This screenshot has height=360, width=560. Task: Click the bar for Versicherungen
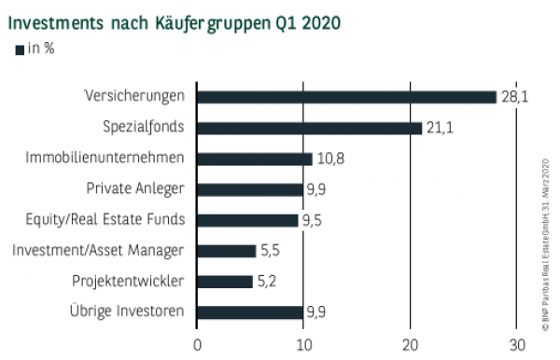pos(346,97)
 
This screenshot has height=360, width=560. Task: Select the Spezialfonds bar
pos(309,128)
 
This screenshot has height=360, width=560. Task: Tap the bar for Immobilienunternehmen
pos(254,159)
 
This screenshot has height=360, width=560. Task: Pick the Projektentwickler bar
pos(224,281)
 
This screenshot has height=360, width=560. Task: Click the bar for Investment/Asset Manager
pos(226,250)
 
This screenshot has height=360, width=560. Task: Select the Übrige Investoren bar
pos(249,312)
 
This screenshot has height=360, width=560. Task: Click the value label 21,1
pos(440,128)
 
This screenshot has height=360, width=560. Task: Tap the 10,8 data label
pos(330,159)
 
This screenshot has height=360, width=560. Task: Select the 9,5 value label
pos(312,220)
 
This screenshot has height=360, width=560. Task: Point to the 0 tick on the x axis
pos(197,343)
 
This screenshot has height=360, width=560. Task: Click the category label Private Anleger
pos(135,189)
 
